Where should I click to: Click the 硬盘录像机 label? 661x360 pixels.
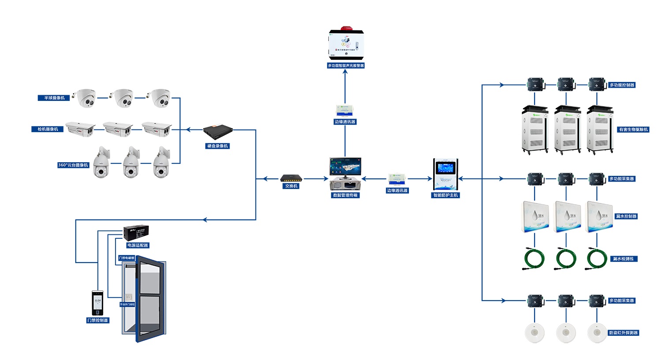pyautogui.click(x=218, y=146)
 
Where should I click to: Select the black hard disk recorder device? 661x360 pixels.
pyautogui.click(x=218, y=131)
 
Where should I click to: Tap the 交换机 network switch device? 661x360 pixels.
pyautogui.click(x=291, y=178)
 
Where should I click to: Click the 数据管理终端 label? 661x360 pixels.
pyautogui.click(x=345, y=195)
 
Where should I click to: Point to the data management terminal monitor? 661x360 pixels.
pyautogui.click(x=345, y=167)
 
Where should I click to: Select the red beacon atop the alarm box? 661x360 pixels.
pyautogui.click(x=346, y=28)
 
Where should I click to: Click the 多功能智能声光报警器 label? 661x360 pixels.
pyautogui.click(x=345, y=66)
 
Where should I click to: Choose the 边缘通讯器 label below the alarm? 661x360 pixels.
pyautogui.click(x=345, y=122)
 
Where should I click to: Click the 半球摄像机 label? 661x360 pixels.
pyautogui.click(x=54, y=98)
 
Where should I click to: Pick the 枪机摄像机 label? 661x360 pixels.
pyautogui.click(x=48, y=129)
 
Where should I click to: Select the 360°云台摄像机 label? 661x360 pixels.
pyautogui.click(x=73, y=165)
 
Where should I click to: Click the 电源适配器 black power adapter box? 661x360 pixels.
pyautogui.click(x=136, y=233)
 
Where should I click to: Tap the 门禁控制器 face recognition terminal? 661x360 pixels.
pyautogui.click(x=97, y=303)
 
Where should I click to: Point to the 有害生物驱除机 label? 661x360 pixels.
pyautogui.click(x=633, y=130)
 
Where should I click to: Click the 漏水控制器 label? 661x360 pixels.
pyautogui.click(x=626, y=216)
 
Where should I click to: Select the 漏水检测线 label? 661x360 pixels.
pyautogui.click(x=623, y=259)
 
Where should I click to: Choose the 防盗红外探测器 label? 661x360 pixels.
pyautogui.click(x=623, y=333)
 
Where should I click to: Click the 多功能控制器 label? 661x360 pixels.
pyautogui.click(x=622, y=85)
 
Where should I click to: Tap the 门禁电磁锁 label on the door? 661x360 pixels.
pyautogui.click(x=126, y=258)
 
